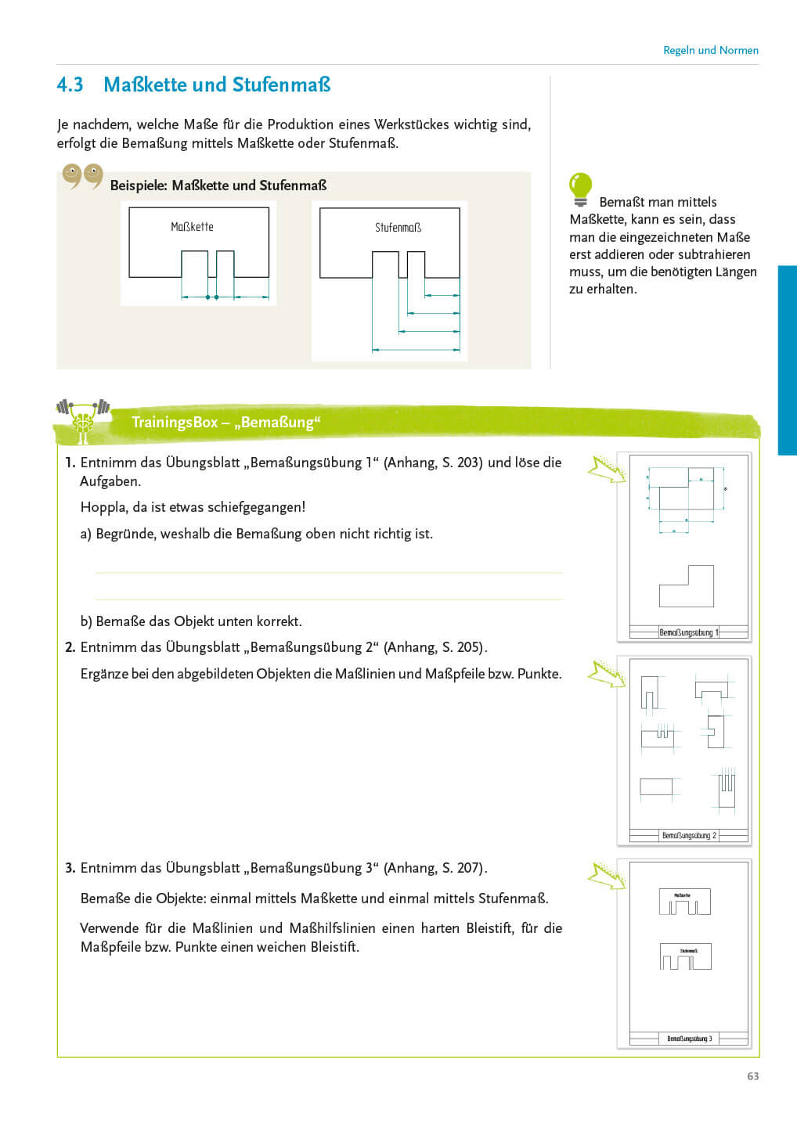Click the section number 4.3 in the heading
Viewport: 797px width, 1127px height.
(70, 85)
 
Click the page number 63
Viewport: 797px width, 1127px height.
(752, 1076)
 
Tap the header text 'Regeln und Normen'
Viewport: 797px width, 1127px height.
(710, 50)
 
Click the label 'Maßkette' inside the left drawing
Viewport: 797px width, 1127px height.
(192, 227)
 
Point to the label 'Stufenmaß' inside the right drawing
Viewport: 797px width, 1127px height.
(398, 228)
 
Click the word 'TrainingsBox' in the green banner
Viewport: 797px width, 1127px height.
(175, 423)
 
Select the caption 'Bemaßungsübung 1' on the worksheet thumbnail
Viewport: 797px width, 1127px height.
(688, 632)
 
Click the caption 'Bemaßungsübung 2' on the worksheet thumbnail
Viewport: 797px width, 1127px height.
(689, 836)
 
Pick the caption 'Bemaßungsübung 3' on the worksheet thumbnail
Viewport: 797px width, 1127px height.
(689, 1039)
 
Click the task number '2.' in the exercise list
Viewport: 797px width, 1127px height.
(70, 647)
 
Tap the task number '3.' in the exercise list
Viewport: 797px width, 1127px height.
(70, 868)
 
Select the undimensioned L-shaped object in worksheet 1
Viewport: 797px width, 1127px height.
(687, 588)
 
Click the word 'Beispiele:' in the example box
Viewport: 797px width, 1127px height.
(139, 185)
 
